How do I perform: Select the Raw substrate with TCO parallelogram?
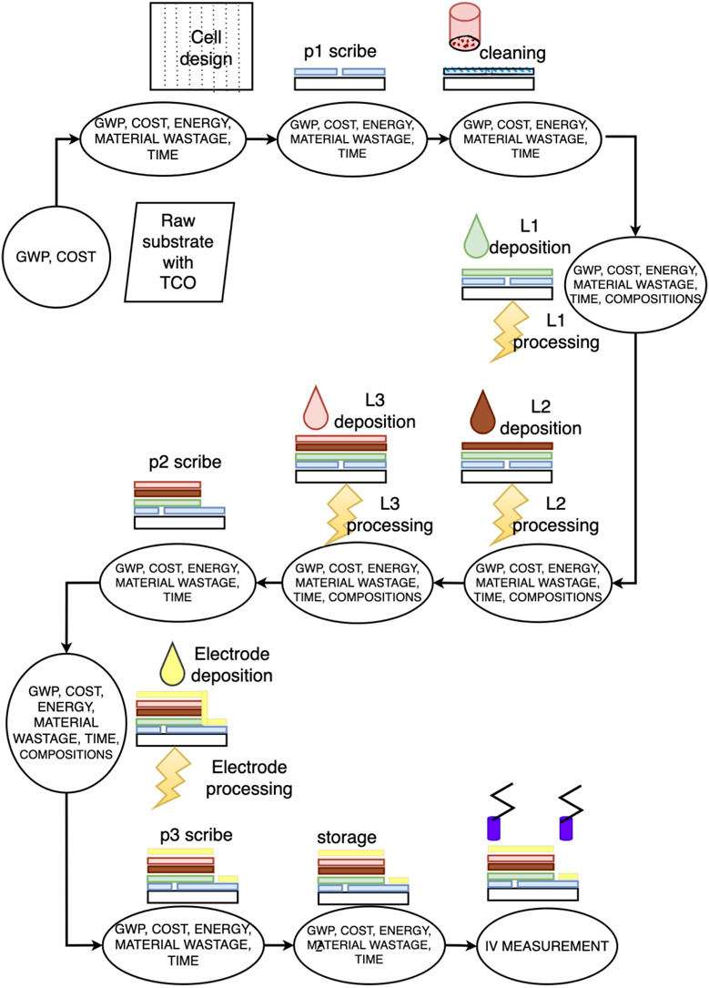181,251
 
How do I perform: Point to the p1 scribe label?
339,53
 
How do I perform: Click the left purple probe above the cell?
493,828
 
